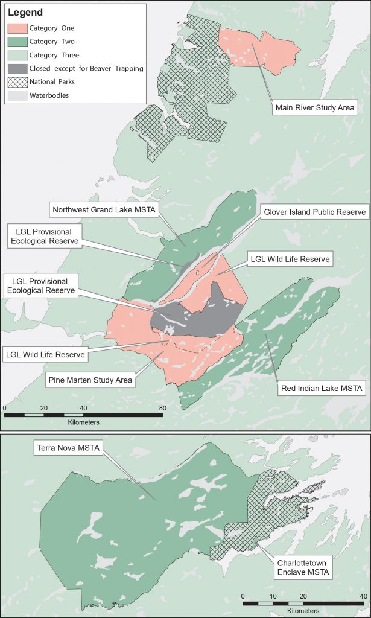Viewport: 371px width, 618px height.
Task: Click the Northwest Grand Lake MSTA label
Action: click(104, 210)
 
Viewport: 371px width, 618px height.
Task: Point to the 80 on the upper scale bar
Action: click(162, 408)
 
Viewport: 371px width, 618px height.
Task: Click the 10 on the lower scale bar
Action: click(273, 596)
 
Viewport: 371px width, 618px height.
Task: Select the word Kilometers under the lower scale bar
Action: click(304, 611)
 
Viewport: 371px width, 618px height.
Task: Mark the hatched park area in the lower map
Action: click(253, 519)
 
